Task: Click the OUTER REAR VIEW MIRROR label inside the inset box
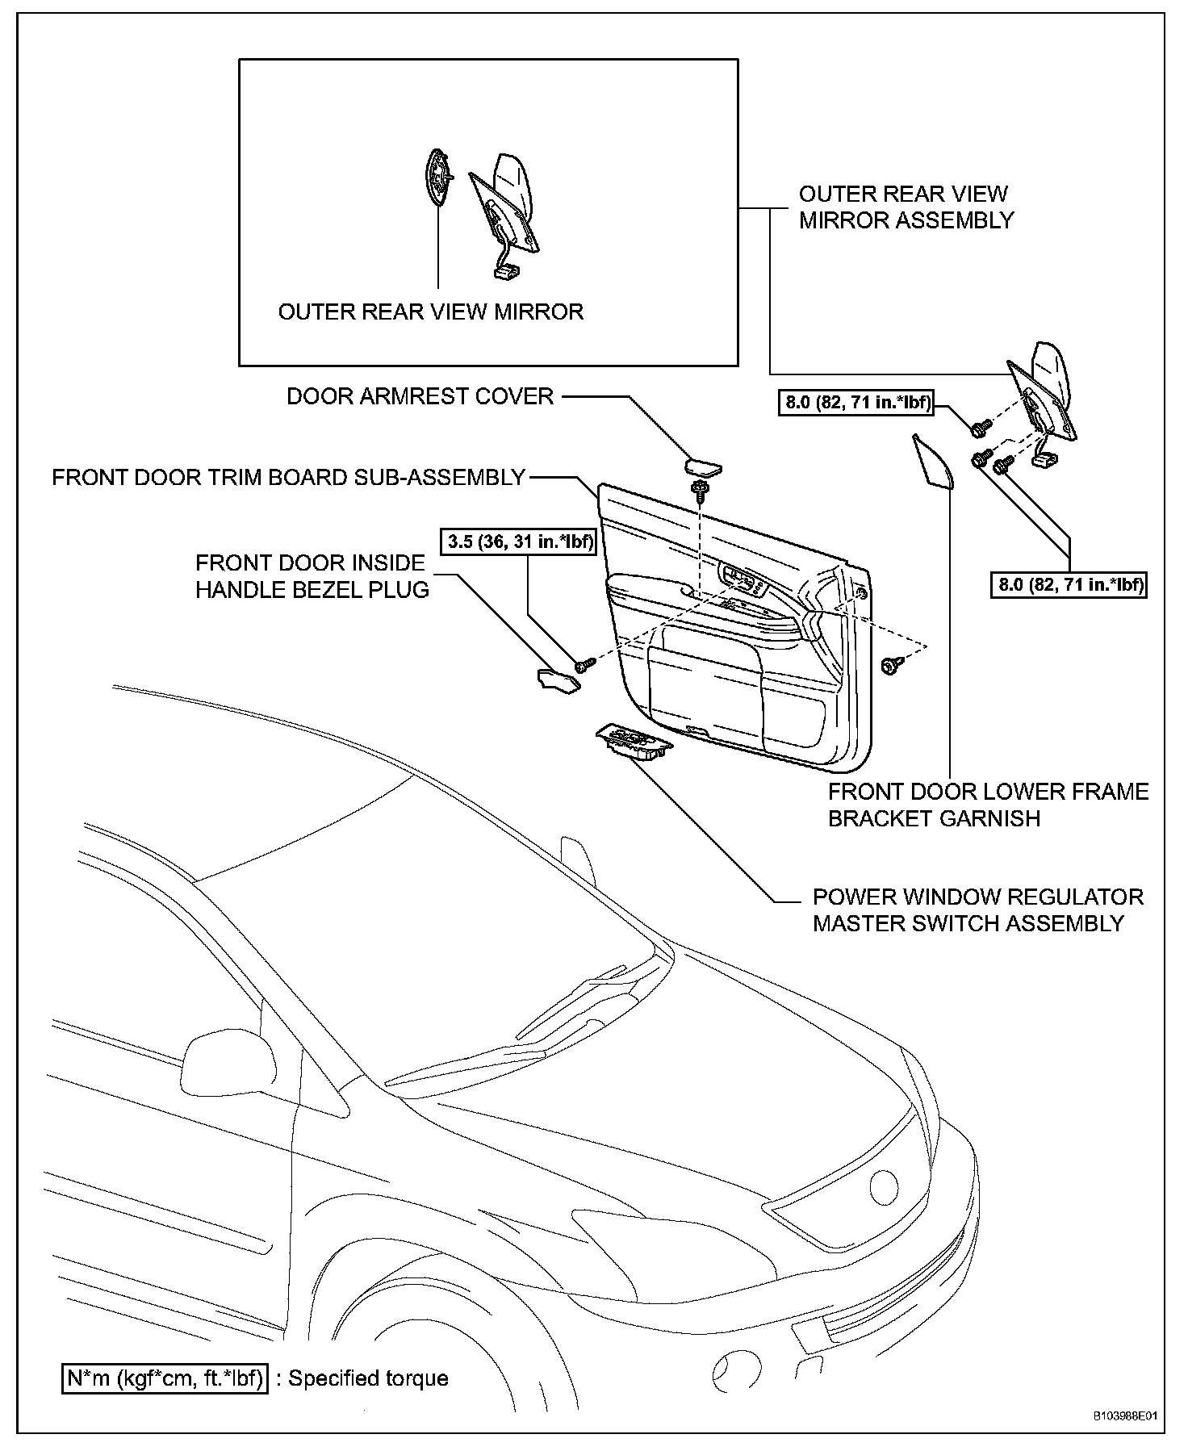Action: [430, 312]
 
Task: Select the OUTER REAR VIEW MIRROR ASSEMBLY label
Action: [906, 207]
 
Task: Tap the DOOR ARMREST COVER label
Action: [420, 396]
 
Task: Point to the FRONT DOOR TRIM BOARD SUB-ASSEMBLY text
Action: [289, 477]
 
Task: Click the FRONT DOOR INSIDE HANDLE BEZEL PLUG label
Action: [312, 576]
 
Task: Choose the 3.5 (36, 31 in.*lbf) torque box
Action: [519, 542]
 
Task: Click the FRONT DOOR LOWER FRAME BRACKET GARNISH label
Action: [988, 805]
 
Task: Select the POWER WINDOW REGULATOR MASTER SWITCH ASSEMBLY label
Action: [977, 909]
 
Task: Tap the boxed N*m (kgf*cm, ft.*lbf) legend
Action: [165, 1378]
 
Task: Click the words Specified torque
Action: [368, 1378]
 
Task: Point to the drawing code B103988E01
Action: [1125, 1415]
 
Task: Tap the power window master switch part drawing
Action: [634, 741]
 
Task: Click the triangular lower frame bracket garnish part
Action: [931, 462]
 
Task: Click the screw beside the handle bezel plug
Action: [584, 664]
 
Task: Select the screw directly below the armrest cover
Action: [700, 490]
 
